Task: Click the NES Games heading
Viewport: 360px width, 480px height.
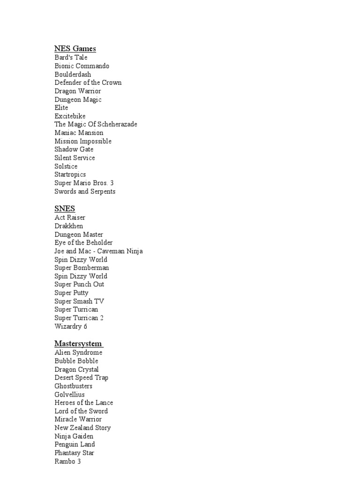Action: coord(75,48)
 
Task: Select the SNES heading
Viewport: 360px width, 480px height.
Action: coord(65,209)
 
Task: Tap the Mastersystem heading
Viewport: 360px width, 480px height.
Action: coord(78,344)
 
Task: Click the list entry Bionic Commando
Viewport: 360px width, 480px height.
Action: coord(82,66)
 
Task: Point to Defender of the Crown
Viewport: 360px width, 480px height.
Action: coord(88,82)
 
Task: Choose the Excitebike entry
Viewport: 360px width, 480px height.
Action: coord(70,116)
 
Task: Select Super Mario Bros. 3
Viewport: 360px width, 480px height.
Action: coord(84,183)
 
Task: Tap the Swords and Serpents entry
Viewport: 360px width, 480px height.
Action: coord(85,191)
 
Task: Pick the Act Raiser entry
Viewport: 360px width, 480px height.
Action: coord(70,217)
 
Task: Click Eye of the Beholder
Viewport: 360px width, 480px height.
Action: coord(83,243)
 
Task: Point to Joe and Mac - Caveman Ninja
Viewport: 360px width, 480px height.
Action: coord(98,251)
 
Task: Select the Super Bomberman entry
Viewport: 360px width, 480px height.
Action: coord(82,268)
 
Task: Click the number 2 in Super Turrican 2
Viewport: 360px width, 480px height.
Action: coord(102,318)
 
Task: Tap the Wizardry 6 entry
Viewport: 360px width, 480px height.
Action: coord(71,326)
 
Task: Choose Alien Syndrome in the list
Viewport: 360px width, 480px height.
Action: coord(78,352)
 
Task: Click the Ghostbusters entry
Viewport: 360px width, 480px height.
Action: coord(73,386)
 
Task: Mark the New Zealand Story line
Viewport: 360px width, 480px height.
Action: coord(82,428)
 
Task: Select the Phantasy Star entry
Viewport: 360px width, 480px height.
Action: coord(74,453)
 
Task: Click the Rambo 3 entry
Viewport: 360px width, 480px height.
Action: coord(67,461)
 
